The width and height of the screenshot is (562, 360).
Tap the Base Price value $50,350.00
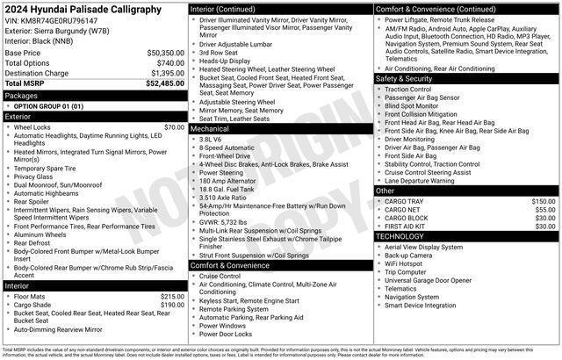tap(165, 53)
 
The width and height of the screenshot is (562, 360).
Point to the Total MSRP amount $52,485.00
tap(164, 83)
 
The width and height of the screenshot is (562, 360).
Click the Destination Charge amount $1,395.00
tap(165, 73)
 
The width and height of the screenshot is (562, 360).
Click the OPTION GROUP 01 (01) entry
tap(48, 105)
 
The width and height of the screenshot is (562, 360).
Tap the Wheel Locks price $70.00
tap(174, 127)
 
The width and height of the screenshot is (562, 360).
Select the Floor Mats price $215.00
tap(171, 297)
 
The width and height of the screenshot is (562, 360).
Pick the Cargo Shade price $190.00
tap(171, 305)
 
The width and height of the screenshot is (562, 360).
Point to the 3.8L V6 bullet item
tap(210, 139)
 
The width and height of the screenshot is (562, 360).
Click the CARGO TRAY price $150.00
tap(543, 201)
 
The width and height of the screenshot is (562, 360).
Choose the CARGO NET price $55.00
tap(544, 210)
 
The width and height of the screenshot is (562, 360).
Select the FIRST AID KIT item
tap(406, 227)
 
